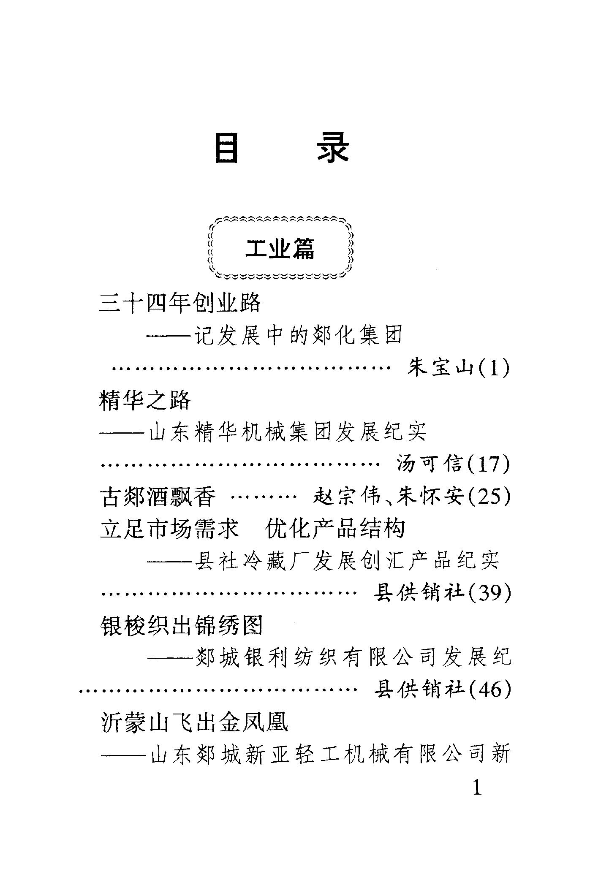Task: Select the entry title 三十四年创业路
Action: [x=180, y=302]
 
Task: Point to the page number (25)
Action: [x=488, y=497]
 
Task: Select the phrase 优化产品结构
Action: [x=335, y=529]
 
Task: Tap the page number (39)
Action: [x=488, y=593]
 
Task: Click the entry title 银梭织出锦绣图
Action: [x=182, y=625]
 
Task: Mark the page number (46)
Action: [x=488, y=690]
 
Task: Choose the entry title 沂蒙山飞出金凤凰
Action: [x=195, y=722]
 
